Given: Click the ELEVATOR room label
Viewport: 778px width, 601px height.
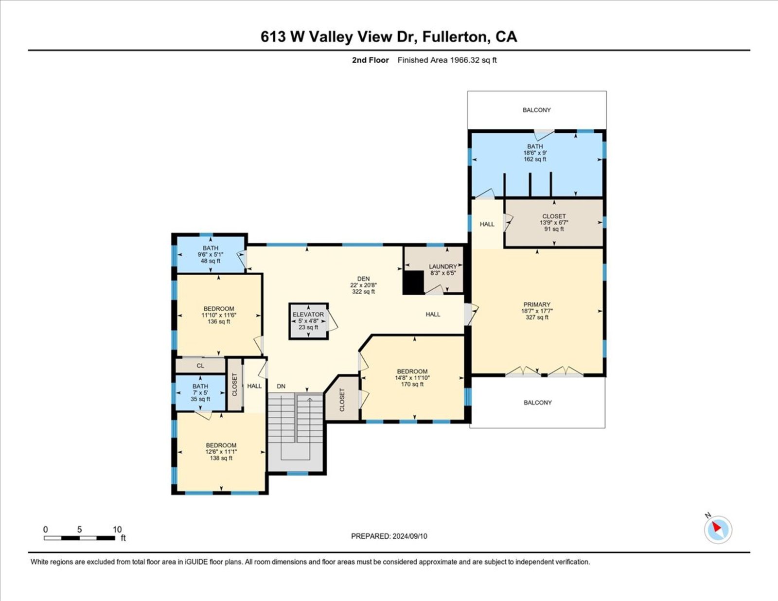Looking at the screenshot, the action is pos(308,314).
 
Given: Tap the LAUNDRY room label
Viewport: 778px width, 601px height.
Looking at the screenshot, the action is pos(443,266).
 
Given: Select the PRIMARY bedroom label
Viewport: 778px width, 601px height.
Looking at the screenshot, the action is pos(536,304).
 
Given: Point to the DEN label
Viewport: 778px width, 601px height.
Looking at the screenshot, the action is pos(363,279).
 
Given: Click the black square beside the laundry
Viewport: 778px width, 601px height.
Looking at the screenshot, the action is pos(413,283).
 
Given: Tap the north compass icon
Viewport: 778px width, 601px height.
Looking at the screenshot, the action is pos(718,530).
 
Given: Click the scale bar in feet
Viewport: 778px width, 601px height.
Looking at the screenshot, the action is pos(79,538).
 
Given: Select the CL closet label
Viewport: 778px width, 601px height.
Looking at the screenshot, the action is pos(200,366).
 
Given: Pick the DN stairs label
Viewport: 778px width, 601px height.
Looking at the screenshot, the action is pos(281,386).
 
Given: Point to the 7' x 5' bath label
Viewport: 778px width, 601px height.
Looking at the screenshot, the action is pos(200,393).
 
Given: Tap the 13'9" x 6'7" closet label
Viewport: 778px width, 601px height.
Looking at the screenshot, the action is pos(554,223).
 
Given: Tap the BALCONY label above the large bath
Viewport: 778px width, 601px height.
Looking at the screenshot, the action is pos(536,110).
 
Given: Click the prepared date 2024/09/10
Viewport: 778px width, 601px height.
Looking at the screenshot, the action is pos(409,536).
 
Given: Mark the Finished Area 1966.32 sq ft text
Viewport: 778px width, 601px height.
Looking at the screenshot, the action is pos(447,60).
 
